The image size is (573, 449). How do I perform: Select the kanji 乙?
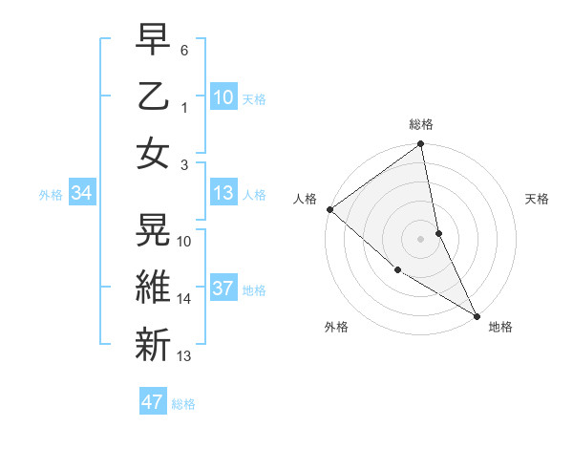click(x=154, y=96)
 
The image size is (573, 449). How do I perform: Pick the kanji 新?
click(x=154, y=342)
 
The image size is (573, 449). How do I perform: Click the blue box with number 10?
click(x=223, y=96)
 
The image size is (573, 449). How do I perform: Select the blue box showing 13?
click(x=223, y=194)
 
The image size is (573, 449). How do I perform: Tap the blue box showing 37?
click(x=223, y=289)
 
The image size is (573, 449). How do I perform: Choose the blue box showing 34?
click(x=82, y=194)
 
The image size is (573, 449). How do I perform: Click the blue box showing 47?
click(x=153, y=402)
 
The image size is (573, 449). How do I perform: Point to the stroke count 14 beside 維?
click(x=184, y=299)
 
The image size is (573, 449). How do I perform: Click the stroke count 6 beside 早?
click(x=184, y=49)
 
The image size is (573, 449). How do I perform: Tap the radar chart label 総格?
click(x=421, y=124)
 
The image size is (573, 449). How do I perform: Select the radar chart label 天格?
click(x=538, y=199)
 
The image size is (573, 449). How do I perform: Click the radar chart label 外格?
click(x=336, y=327)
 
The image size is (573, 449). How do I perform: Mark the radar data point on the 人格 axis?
click(x=329, y=209)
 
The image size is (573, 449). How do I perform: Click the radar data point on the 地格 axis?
click(x=476, y=314)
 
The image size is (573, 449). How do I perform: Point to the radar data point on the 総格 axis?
click(x=421, y=145)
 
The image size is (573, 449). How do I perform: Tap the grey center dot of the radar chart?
click(x=421, y=238)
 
